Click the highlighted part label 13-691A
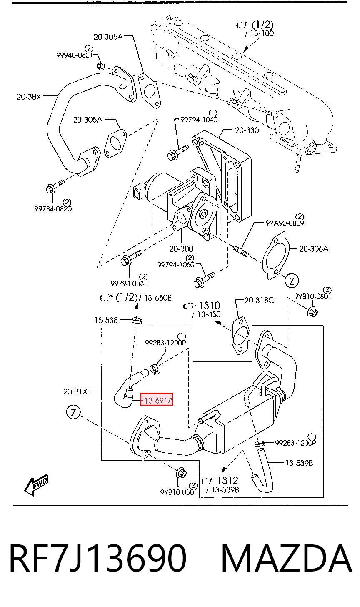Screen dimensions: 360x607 click(x=157, y=400)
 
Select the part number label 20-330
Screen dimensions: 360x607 click(x=247, y=130)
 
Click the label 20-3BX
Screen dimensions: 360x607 click(x=29, y=96)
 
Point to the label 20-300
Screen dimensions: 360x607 click(x=181, y=248)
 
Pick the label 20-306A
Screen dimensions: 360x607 click(x=314, y=248)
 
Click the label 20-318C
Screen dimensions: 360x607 click(x=259, y=300)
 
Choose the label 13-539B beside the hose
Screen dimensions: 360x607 click(x=299, y=463)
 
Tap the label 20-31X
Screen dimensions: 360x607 click(x=75, y=391)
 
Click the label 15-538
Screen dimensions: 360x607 click(x=106, y=320)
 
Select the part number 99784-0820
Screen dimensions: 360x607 click(x=53, y=208)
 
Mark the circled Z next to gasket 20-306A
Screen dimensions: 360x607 click(x=292, y=281)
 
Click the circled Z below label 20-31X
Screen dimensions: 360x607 click(x=73, y=413)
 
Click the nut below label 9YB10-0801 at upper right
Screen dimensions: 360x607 click(x=312, y=311)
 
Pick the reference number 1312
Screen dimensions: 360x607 click(x=227, y=480)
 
